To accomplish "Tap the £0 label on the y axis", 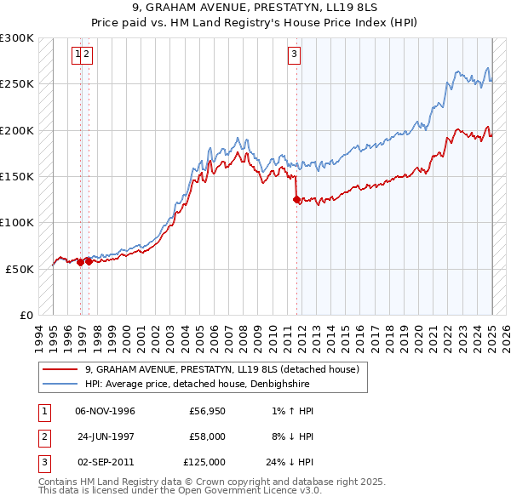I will pos(26,315).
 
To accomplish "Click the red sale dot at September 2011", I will pos(296,200).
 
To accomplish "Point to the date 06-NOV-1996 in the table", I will pos(105,411).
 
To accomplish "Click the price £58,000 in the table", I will pos(207,436).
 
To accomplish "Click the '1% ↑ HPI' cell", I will pos(292,411).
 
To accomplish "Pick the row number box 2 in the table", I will pos(42,436).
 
